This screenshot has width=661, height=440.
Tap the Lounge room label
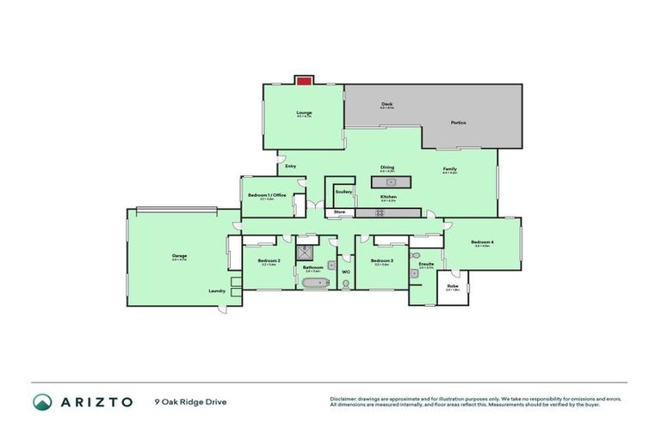tap(304, 113)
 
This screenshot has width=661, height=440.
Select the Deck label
tap(387, 104)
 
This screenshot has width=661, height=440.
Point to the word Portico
tap(458, 123)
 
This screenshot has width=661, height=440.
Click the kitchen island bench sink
tap(391, 182)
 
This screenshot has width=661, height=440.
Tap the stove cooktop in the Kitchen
tap(379, 212)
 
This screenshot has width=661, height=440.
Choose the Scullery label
tap(343, 191)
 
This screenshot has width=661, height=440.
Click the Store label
tap(339, 211)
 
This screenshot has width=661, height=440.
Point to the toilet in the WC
tap(345, 283)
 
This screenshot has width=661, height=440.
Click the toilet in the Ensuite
tap(415, 256)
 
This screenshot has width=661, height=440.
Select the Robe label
tap(452, 285)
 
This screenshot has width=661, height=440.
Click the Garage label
tap(179, 256)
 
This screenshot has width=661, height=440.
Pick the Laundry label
tap(217, 290)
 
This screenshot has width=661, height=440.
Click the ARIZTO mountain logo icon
tap(42, 401)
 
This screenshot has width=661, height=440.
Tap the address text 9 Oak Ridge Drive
tap(190, 401)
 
